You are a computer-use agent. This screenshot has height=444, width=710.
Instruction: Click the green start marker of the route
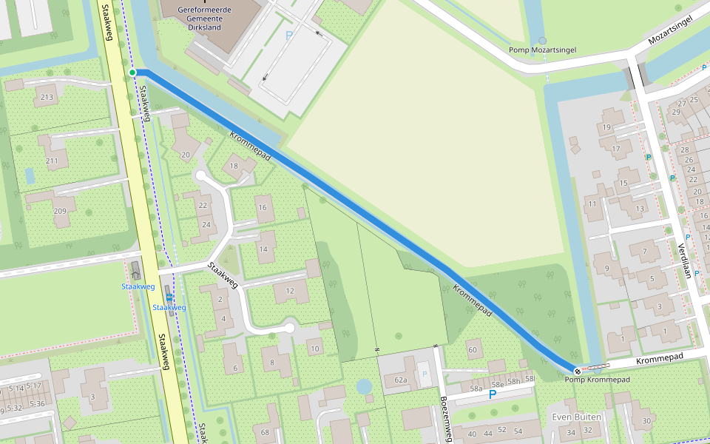[x=132, y=72]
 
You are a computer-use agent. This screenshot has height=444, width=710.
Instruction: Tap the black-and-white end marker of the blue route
[x=577, y=370]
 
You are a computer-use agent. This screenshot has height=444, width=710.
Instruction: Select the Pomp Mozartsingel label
[x=542, y=50]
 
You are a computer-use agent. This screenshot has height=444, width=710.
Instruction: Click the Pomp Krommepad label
[x=597, y=380]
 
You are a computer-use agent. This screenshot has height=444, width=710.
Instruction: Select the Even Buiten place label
[x=577, y=417]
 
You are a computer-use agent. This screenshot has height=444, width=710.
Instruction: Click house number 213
[x=48, y=97]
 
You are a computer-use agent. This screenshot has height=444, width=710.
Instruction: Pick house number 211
[x=52, y=161]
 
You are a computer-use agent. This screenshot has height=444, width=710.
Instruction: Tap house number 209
[x=60, y=212]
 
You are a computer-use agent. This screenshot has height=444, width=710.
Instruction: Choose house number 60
[x=473, y=349]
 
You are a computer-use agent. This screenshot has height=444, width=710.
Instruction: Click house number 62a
[x=401, y=380]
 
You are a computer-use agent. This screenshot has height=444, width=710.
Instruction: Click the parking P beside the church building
[x=288, y=35]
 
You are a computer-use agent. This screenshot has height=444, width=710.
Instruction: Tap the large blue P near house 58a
[x=492, y=395]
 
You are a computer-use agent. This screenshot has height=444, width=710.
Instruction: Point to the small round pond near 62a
[x=364, y=386]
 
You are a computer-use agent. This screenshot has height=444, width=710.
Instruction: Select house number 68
[x=265, y=431]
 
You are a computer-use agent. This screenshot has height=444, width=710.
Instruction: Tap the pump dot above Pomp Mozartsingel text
[x=542, y=40]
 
